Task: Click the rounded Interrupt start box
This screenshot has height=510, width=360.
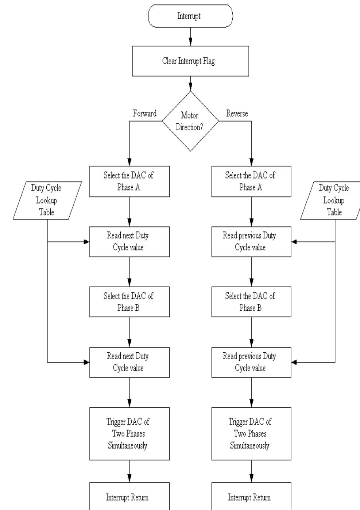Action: coord(190,16)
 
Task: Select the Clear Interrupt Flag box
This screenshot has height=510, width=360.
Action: coord(190,61)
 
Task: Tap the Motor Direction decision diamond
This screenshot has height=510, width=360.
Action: coord(190,121)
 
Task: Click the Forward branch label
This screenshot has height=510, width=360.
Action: coord(144,114)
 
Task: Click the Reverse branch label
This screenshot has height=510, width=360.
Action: coord(237,114)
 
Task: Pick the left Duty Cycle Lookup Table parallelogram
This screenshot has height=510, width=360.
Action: coord(47,200)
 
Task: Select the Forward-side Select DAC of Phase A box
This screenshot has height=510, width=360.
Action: coord(129,181)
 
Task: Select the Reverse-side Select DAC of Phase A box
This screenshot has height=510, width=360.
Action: coord(251,181)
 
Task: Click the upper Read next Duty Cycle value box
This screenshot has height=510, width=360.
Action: coord(129,242)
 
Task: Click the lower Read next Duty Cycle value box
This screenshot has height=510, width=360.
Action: coord(129,362)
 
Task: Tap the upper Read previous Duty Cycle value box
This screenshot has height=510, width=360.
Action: coord(251,242)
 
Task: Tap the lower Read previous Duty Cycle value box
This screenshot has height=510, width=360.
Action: coord(251,362)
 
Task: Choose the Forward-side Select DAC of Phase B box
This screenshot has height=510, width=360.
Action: coord(129,302)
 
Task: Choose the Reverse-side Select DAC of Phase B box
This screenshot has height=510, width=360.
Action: coord(251,302)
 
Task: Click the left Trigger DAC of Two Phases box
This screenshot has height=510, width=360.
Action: coord(129,433)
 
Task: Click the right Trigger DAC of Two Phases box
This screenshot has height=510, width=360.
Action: coord(251,433)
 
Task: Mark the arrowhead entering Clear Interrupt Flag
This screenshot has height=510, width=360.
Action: coord(190,43)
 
